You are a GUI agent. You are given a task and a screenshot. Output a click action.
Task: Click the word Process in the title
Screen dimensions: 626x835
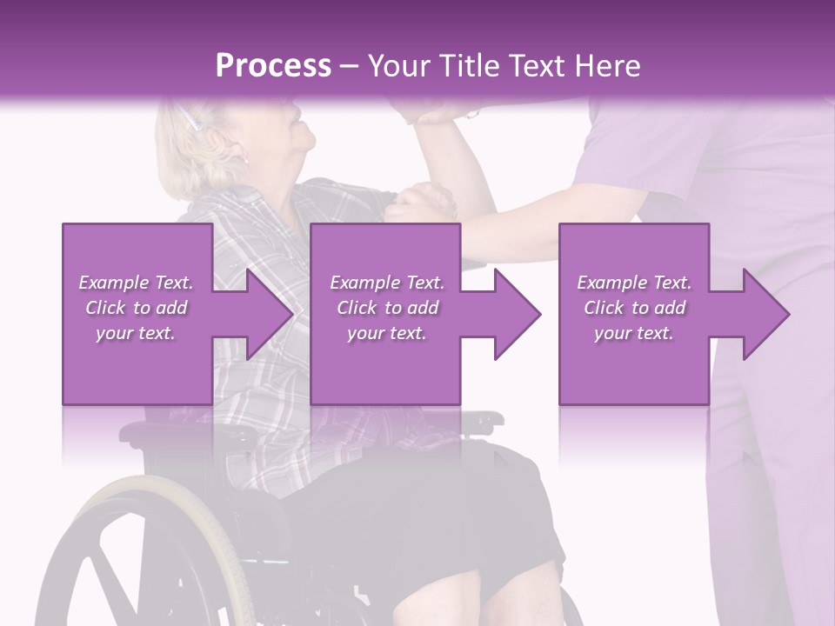tap(273, 66)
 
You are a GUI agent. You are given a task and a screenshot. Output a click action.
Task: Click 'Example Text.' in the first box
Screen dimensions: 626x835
tap(136, 283)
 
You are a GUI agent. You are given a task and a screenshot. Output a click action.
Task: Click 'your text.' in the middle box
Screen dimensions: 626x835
tap(386, 333)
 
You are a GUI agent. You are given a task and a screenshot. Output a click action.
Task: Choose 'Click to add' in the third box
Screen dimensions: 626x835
tap(634, 308)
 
